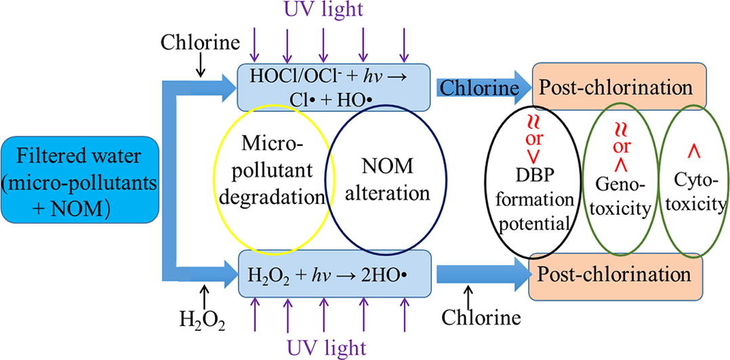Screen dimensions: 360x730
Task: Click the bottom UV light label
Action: (328, 347)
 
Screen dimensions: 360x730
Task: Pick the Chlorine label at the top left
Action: (200, 43)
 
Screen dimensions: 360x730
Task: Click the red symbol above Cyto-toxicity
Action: (693, 148)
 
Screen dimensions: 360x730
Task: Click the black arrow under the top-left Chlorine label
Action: (201, 64)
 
